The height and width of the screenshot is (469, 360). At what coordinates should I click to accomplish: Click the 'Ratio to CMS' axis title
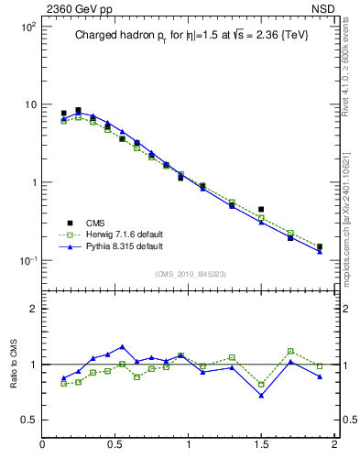pyautogui.click(x=15, y=364)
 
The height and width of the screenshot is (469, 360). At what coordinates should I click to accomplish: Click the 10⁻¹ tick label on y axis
pyautogui.click(x=26, y=261)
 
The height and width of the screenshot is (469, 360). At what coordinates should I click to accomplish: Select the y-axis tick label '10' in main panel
pyautogui.click(x=29, y=104)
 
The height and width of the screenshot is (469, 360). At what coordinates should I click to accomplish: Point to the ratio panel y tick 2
pyautogui.click(x=33, y=309)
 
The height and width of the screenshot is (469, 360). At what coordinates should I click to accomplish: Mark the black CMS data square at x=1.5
pyautogui.click(x=261, y=210)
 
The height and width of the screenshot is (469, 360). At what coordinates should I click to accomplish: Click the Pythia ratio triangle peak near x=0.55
pyautogui.click(x=122, y=347)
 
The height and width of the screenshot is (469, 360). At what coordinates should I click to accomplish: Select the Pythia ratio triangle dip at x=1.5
pyautogui.click(x=261, y=396)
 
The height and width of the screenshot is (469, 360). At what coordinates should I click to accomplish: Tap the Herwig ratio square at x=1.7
pyautogui.click(x=290, y=351)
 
